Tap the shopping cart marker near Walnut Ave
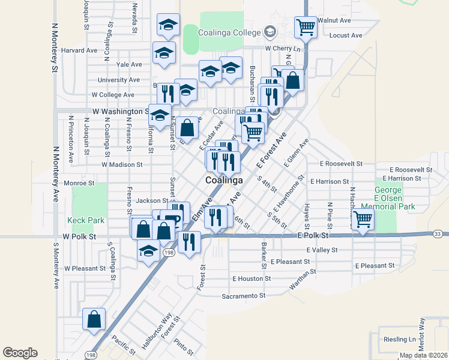tap(306, 27)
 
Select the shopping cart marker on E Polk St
tap(363, 220)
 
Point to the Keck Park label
tap(86, 220)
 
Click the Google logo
tap(20, 353)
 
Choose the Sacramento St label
tap(243, 296)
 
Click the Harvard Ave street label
tap(79, 50)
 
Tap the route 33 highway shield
tap(437, 233)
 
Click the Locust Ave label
tap(346, 35)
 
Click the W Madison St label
tap(122, 164)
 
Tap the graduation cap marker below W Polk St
tap(148, 251)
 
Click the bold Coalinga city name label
tap(224, 180)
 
